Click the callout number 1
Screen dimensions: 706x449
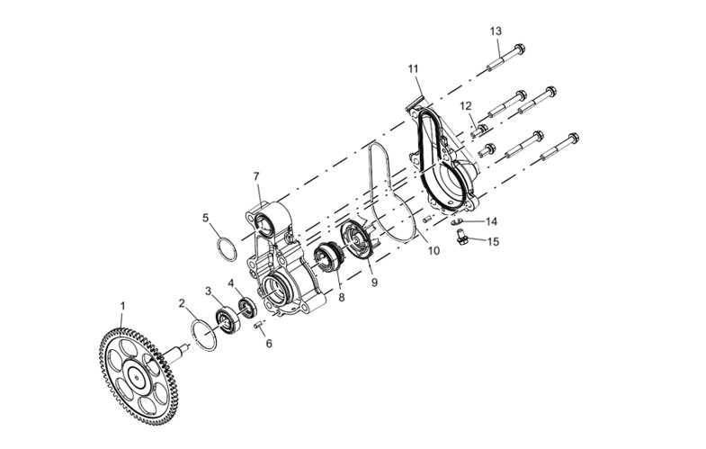(x=122, y=306)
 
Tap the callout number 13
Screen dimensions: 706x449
(x=496, y=31)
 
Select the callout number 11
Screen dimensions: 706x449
(x=414, y=69)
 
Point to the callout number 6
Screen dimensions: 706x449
(x=269, y=344)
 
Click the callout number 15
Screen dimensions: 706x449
(x=494, y=242)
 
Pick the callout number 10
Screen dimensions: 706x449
(x=433, y=251)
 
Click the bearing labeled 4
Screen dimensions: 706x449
(x=246, y=308)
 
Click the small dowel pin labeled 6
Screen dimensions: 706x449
(x=258, y=326)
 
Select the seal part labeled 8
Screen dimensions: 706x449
(x=328, y=258)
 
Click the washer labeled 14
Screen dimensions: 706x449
(x=457, y=221)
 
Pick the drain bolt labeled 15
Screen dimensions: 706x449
(x=460, y=238)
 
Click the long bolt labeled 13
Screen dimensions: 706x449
(x=506, y=58)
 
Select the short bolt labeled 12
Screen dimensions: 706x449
(x=480, y=131)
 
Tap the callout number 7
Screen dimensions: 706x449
(x=256, y=176)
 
